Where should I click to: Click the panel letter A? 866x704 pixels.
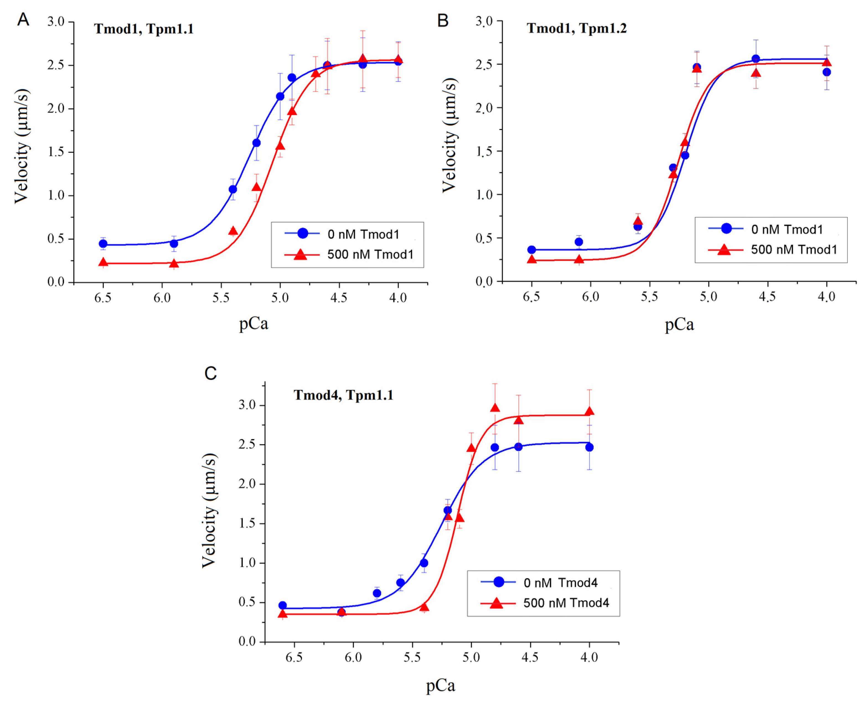pos(23,19)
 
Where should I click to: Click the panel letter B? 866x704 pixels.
pos(443,20)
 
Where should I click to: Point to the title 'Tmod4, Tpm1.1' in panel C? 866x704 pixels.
pos(343,395)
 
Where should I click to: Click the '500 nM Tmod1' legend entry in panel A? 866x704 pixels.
pos(370,255)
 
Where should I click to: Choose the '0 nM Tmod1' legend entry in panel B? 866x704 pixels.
pos(787,229)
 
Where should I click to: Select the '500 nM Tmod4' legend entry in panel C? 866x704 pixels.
pos(566,603)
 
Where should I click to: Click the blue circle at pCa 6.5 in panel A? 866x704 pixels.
pos(103,244)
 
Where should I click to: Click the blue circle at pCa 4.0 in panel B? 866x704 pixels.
pos(826,72)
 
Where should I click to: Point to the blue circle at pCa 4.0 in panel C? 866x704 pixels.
pos(589,447)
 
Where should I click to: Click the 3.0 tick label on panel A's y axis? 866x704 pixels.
pos(56,22)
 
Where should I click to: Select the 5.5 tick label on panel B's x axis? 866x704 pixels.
pos(649,297)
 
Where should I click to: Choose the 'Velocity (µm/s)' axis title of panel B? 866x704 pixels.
pos(449,135)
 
